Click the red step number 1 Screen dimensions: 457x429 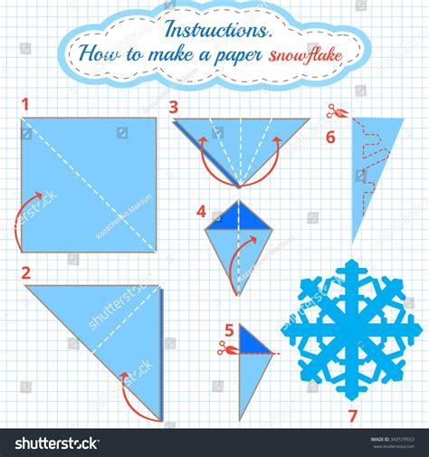26,104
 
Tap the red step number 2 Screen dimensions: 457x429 26,271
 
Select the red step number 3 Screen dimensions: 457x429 173,107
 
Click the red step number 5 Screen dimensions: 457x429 230,330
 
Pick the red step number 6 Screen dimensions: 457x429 330,137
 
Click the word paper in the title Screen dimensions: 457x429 234,54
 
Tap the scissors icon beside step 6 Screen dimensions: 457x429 333,112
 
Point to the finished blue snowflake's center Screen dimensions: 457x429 348,329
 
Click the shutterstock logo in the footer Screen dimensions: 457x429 56,443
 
